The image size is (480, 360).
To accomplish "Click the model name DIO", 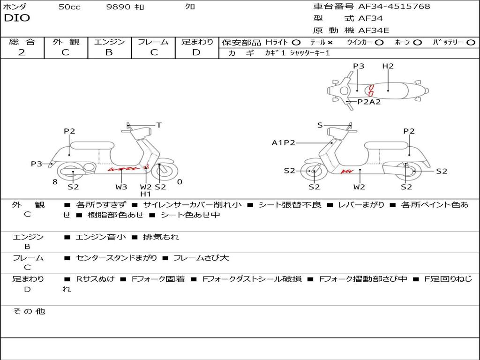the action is [17, 18].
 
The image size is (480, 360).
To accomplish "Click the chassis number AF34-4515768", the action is [394, 6].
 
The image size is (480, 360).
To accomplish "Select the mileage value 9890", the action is [118, 7].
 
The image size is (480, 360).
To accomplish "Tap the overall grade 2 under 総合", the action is [22, 52].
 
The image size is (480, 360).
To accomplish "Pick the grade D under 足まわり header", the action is [196, 52].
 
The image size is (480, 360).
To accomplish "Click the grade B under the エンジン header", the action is [109, 52].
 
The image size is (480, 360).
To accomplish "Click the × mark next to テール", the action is [330, 43].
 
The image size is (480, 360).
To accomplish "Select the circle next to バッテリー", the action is [471, 43].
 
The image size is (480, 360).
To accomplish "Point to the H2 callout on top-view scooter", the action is [388, 66].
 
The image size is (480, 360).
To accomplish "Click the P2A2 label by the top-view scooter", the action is [369, 102].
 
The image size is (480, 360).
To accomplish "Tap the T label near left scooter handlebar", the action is [159, 125].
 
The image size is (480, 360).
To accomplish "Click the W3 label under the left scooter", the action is [121, 187].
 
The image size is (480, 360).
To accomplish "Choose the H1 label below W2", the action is [146, 194].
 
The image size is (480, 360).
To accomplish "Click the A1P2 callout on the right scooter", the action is [284, 142].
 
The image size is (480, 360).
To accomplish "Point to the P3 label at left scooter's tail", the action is [37, 164].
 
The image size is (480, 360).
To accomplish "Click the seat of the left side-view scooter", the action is [92, 145].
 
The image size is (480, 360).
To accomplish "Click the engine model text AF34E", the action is [374, 30].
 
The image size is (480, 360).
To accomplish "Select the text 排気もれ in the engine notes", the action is [161, 237].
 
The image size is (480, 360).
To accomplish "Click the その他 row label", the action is [29, 311].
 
